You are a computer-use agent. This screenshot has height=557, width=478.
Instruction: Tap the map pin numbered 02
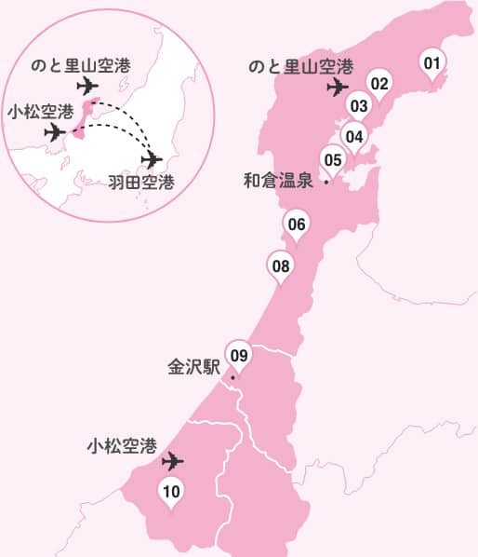tap(378, 84)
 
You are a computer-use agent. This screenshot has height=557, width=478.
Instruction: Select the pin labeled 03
tap(359, 105)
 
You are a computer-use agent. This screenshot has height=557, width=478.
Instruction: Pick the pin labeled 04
tap(353, 136)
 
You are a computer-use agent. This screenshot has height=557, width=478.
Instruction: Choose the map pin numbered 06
tap(297, 224)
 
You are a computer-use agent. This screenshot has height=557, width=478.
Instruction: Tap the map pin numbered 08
tap(282, 265)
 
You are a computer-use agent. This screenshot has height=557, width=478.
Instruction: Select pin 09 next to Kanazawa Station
tap(239, 355)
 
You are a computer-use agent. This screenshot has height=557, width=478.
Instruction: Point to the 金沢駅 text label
tap(193, 366)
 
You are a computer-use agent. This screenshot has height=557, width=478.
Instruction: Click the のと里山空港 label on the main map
tap(301, 67)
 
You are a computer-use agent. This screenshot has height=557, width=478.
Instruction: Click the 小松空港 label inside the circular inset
tap(39, 112)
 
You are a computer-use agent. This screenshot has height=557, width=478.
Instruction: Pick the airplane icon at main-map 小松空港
tap(172, 461)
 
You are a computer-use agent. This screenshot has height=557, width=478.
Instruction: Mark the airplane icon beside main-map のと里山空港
tap(338, 88)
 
